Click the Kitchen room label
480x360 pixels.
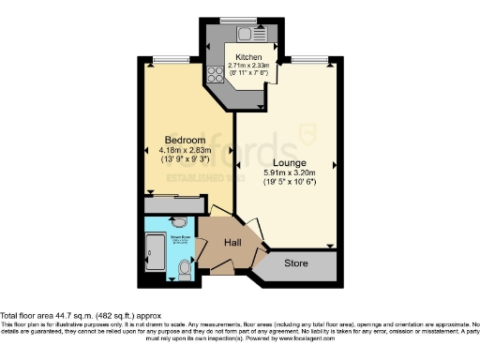click(x=249, y=56)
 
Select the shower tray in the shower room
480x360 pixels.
click(x=153, y=251)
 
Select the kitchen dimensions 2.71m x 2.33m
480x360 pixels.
click(x=249, y=66)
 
